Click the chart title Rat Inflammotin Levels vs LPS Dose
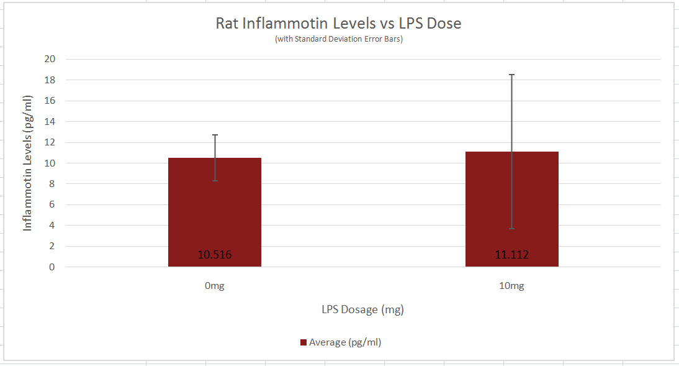coord(338,24)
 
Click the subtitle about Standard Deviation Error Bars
coord(338,39)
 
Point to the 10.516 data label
coord(215,255)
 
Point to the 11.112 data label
coord(511,255)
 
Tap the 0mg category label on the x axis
coord(214,286)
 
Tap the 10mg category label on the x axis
coord(511,286)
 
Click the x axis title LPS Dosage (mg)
coord(362,309)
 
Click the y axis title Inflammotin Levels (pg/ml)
coord(27,163)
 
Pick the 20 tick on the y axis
coord(50,59)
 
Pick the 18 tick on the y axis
coord(50,80)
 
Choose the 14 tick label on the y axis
coord(50,122)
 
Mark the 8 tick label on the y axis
coord(52,184)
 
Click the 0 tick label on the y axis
coord(52,267)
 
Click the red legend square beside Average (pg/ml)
coord(304,342)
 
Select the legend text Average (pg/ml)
coord(345,342)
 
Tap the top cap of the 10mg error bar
coord(511,75)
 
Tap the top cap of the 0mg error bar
coord(215,135)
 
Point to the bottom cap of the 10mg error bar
coord(511,229)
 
